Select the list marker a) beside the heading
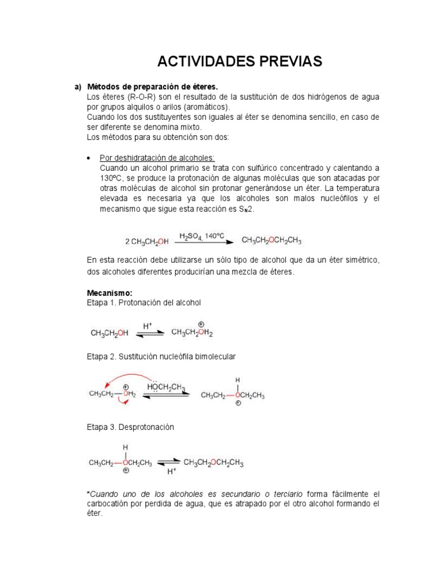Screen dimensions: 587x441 78,87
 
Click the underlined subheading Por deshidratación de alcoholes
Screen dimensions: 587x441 157,158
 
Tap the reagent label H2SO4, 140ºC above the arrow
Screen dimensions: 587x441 202,236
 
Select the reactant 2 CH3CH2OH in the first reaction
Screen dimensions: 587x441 147,241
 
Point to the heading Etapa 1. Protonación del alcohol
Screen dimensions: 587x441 144,302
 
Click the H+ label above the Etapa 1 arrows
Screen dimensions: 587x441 147,325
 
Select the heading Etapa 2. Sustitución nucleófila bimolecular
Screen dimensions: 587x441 161,357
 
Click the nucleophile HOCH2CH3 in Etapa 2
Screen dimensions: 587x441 166,388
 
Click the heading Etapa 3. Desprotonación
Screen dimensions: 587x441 130,428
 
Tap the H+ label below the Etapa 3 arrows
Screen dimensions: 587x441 171,471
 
